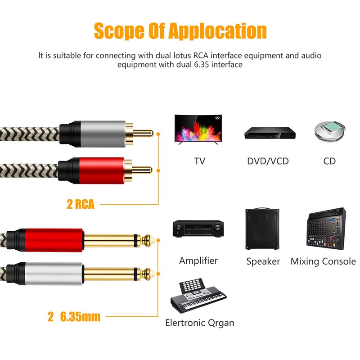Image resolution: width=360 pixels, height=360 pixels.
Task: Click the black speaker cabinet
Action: coord(263,229)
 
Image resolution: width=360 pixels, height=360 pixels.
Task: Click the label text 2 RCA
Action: coord(81,204)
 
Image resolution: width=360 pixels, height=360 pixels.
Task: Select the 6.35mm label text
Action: coord(80,317)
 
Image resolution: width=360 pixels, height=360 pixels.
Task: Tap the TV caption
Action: coord(199,161)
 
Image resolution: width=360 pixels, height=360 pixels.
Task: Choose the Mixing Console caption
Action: coord(323,261)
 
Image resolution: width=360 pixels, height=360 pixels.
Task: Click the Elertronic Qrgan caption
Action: coord(199,323)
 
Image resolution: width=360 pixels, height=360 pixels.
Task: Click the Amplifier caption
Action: coord(198,261)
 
